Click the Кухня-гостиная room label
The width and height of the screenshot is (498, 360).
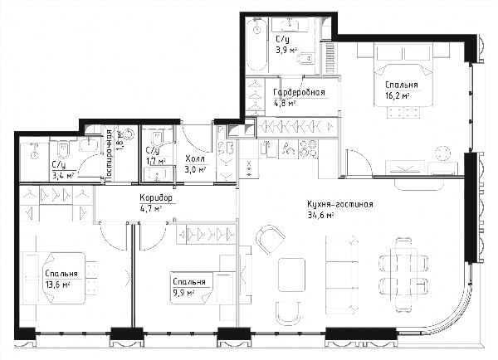[x=339, y=205]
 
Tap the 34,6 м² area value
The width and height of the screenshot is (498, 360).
[x=320, y=216]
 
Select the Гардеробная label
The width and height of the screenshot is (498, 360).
[x=299, y=92]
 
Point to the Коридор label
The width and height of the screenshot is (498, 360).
[x=156, y=198]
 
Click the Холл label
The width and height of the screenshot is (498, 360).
[x=195, y=159]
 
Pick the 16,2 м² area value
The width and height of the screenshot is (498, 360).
[x=397, y=95]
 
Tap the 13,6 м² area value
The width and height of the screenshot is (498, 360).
[x=57, y=285]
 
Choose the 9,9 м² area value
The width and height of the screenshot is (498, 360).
[x=183, y=292]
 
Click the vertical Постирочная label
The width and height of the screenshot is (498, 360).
[x=109, y=156]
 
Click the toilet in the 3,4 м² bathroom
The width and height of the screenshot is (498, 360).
[x=64, y=150]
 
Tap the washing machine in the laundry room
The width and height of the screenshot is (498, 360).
[x=129, y=134]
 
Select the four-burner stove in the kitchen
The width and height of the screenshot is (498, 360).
[x=309, y=149]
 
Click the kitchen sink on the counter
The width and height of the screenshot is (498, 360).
[x=269, y=149]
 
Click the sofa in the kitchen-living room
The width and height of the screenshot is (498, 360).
[x=342, y=275]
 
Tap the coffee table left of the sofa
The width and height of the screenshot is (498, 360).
[x=292, y=275]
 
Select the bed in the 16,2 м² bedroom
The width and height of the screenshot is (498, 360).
[x=403, y=75]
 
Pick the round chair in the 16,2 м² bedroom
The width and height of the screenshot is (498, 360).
[x=442, y=154]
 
